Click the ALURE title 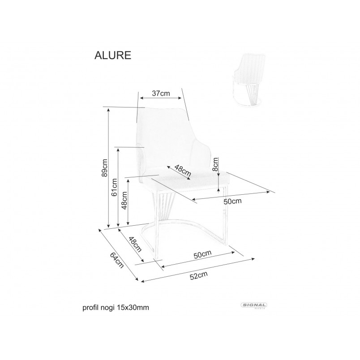pos(113,56)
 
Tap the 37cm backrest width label pos(161,94)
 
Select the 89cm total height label pos(104,167)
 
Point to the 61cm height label pos(114,187)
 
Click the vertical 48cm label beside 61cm pos(124,201)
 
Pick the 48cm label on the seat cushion pos(183,171)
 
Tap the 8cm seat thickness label pos(215,164)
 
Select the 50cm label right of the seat pos(232,201)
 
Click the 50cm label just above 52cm pos(202,254)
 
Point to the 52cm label pos(199,275)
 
